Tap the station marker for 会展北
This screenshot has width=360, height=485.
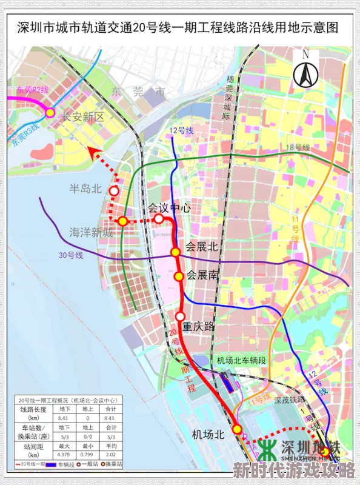click(x=175, y=252)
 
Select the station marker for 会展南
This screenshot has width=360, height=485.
click(x=179, y=276)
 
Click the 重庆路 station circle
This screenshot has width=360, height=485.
click(x=180, y=316)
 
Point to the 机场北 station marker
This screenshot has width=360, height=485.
click(x=237, y=429)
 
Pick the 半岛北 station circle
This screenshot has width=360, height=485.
click(x=114, y=191)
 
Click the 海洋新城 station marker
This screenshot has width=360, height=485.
click(x=122, y=221)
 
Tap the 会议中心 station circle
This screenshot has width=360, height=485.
click(x=158, y=218)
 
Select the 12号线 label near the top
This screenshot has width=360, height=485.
click(x=181, y=130)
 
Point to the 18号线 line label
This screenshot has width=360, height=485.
click(x=298, y=147)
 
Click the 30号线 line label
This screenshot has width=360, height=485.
click(x=70, y=255)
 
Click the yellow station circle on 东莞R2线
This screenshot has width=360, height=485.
click(x=50, y=112)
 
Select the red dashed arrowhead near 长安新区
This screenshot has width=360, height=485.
click(x=91, y=150)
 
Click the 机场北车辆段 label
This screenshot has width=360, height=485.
click(x=241, y=360)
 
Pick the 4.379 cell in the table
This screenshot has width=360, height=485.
click(x=62, y=454)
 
